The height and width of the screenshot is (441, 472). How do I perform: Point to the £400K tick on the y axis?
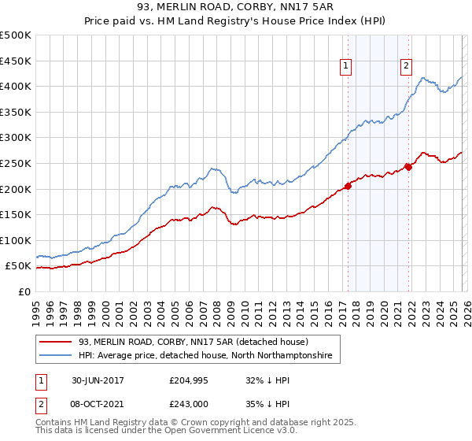16,87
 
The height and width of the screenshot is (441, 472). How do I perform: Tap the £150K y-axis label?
16,214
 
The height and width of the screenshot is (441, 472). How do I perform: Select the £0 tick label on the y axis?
24,291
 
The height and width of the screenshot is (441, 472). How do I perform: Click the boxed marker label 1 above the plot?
346,66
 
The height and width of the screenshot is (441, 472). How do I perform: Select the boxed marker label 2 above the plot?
407,66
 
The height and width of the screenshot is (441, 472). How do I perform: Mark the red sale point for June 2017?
348,187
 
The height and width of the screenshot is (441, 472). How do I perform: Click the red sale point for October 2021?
408,167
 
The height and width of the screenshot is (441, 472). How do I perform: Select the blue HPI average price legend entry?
205,356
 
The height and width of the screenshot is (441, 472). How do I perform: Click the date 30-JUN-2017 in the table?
98,380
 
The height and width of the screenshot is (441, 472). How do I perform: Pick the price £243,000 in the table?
188,404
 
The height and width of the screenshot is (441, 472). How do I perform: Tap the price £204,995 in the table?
188,380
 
